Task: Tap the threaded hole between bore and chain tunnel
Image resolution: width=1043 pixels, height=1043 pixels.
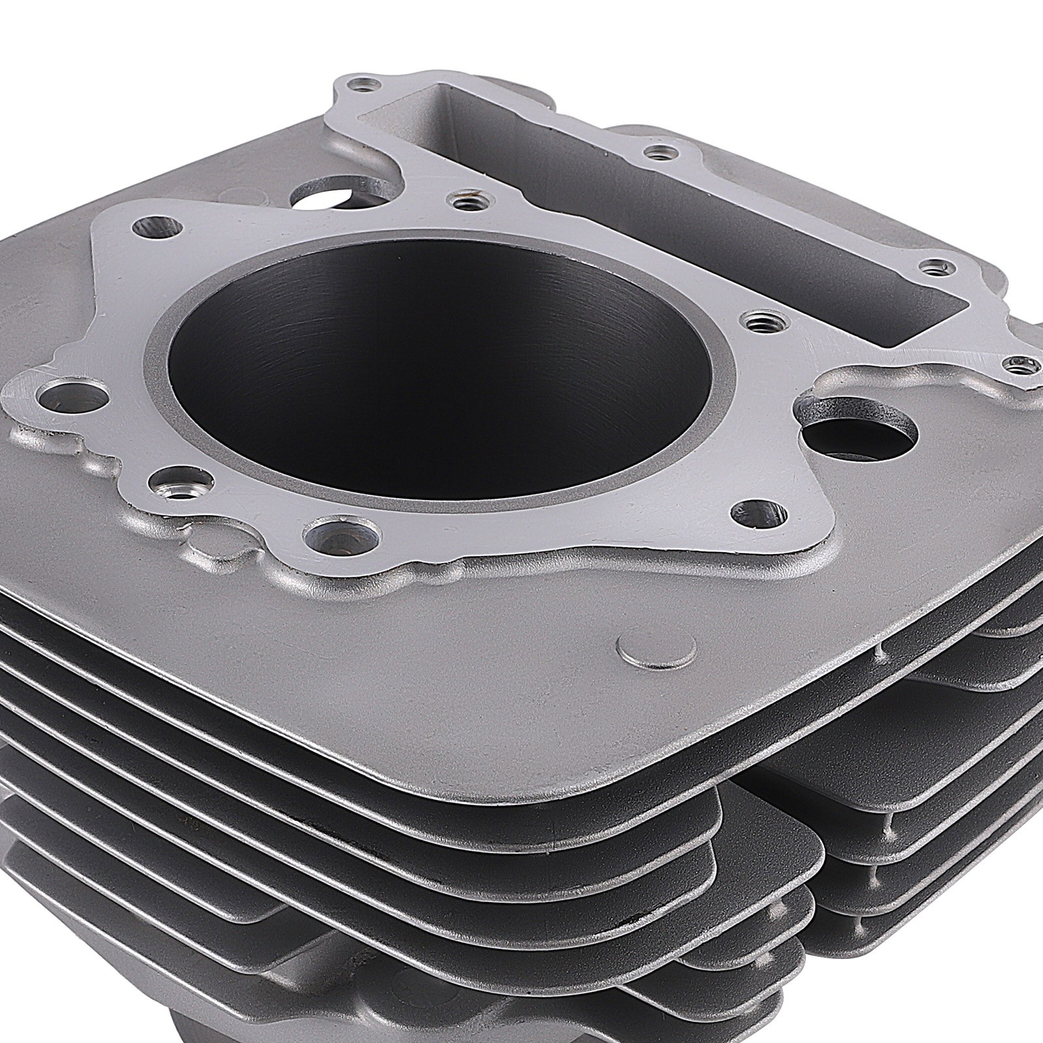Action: pos(756,321)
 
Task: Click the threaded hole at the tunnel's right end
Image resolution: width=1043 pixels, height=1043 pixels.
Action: pos(937,267)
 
